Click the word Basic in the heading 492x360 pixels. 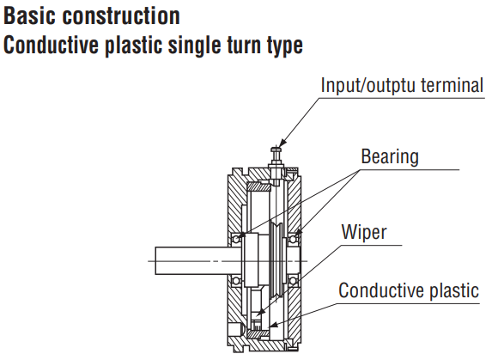tap(29, 15)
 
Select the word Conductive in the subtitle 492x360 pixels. tap(51, 45)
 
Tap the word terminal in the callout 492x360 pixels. tap(452, 85)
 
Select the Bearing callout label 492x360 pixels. tap(390, 156)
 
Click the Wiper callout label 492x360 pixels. tap(364, 232)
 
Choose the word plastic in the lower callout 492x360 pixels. tap(454, 290)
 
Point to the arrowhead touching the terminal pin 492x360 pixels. tap(282, 143)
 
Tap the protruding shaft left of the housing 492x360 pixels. tap(197, 260)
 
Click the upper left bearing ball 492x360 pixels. tap(236, 240)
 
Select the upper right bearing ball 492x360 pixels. tap(293, 240)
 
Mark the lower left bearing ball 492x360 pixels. tap(236, 280)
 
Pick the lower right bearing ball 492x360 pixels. tap(293, 280)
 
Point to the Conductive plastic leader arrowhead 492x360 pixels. tap(274, 325)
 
